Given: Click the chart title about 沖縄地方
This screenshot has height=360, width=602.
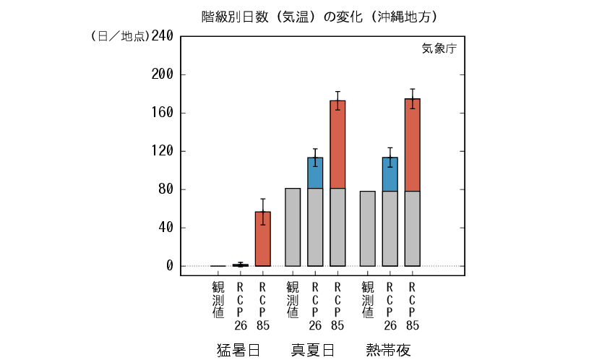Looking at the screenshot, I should pos(319,16).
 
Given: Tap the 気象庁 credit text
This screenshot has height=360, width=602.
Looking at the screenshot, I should pos(439,49).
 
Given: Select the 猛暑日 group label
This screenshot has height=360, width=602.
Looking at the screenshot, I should pos(239,350).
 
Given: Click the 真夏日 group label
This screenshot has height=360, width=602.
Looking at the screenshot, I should pos(314,350).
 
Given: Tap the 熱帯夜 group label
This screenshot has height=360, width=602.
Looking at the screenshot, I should pos(389,350).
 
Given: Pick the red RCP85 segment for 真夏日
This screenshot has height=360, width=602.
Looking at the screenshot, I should pos(337,145).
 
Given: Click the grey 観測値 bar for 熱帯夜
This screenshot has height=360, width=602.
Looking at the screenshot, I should pos(367,228).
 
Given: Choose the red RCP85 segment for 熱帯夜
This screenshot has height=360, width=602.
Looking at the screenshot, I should pos(413,145).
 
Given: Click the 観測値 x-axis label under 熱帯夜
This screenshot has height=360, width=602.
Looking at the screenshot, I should pos(367,301).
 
